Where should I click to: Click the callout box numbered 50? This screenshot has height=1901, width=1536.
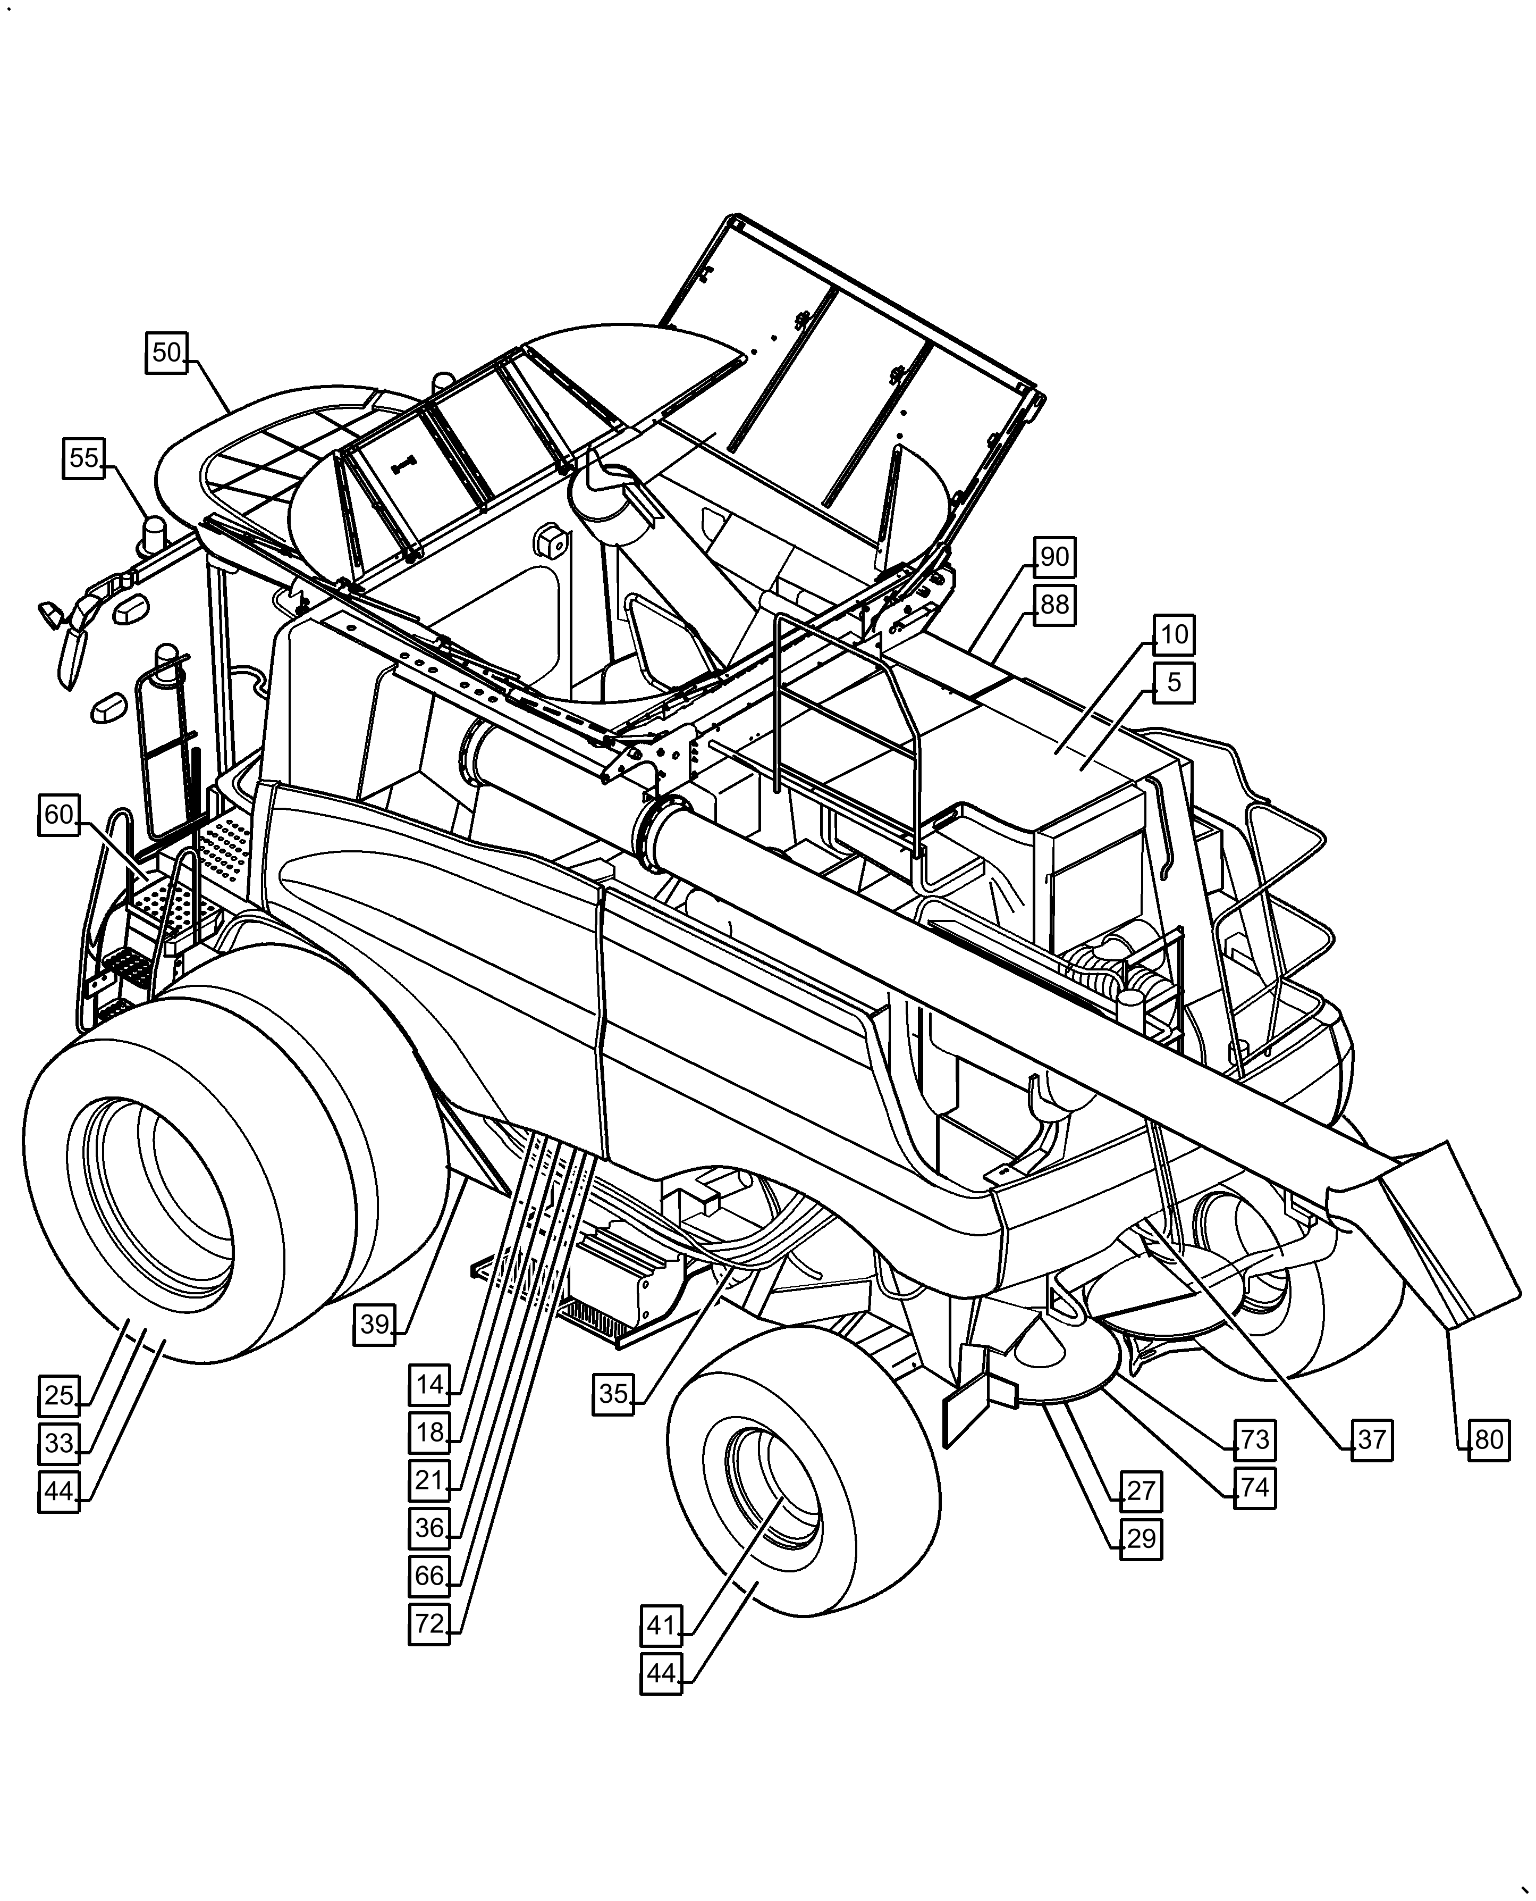click(166, 353)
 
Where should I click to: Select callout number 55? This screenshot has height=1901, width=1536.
click(84, 458)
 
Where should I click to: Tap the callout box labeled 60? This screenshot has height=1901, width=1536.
click(60, 814)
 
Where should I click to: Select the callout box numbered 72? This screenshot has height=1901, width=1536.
click(429, 1624)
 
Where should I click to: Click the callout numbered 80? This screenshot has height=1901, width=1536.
click(1488, 1440)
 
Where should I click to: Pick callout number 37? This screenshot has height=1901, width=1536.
click(1371, 1440)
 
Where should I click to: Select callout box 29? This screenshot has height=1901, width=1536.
click(1141, 1539)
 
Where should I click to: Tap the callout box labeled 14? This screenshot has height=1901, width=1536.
click(429, 1384)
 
